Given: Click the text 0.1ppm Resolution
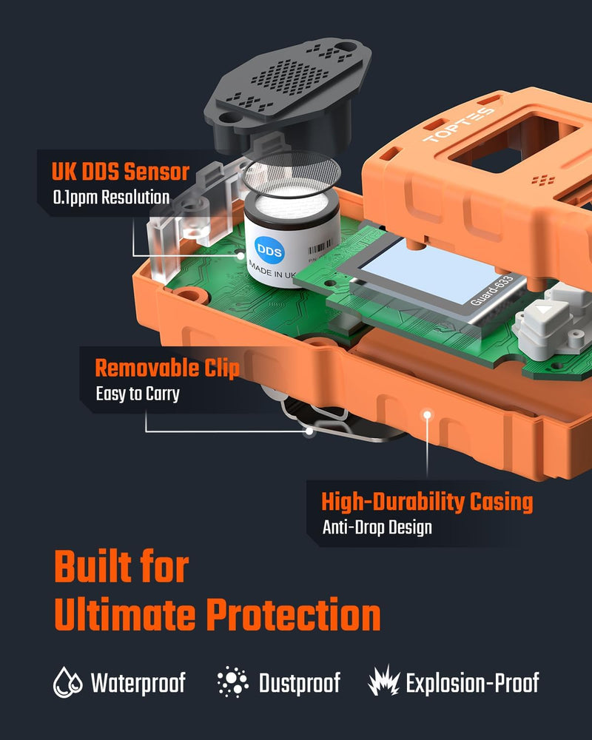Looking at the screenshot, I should (x=111, y=198).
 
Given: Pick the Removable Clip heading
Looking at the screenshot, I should (x=167, y=368).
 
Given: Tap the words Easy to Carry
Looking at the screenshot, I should (x=138, y=394).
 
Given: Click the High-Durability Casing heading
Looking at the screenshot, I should (x=427, y=502).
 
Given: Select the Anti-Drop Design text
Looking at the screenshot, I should (x=377, y=528).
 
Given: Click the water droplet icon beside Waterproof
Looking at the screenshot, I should (x=67, y=682).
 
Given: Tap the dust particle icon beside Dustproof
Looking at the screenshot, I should (x=233, y=682).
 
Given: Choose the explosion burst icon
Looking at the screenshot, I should (x=383, y=682).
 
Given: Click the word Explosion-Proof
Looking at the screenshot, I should (x=472, y=682).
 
